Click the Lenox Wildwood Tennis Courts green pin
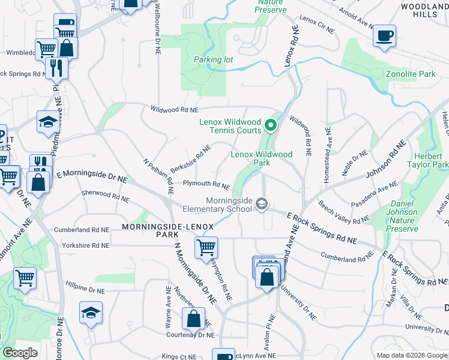click(270, 126)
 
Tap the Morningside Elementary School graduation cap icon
click(261, 205)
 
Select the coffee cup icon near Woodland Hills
click(384, 35)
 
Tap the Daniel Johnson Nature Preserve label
click(402, 220)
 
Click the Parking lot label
click(213, 59)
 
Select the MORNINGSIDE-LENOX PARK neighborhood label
click(160, 231)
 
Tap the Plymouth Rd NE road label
click(206, 185)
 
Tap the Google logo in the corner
click(20, 353)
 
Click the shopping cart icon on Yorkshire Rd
click(206, 246)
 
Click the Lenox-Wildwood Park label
click(262, 158)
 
